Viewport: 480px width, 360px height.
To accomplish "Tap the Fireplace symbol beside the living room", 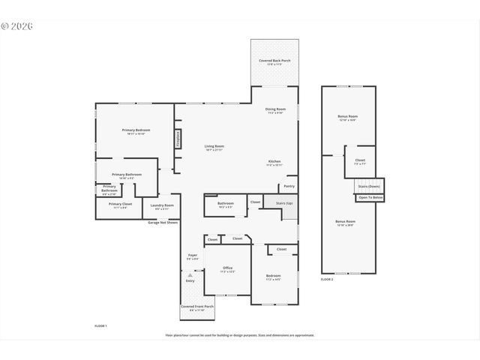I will pyautogui.click(x=178, y=139).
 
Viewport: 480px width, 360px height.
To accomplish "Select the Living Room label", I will pyautogui.click(x=214, y=146).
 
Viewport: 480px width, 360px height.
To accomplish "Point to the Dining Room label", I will pyautogui.click(x=275, y=109).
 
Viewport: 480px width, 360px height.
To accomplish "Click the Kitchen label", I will pyautogui.click(x=274, y=162).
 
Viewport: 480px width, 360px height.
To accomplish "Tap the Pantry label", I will pyautogui.click(x=289, y=186).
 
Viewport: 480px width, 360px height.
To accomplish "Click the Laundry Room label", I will pyautogui.click(x=162, y=205).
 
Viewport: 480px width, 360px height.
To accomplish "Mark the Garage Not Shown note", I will pyautogui.click(x=163, y=223).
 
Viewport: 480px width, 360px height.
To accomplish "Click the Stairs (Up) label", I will pyautogui.click(x=284, y=203).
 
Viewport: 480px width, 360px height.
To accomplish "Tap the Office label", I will pyautogui.click(x=227, y=268).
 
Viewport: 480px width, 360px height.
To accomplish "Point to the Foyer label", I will pyautogui.click(x=192, y=256).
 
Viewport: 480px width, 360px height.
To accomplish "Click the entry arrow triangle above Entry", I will pyautogui.click(x=190, y=275).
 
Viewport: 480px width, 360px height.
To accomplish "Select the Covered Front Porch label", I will pyautogui.click(x=197, y=307).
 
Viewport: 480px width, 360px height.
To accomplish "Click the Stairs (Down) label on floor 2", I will pyautogui.click(x=369, y=186).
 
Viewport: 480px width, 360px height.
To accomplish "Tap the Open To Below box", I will pyautogui.click(x=370, y=197).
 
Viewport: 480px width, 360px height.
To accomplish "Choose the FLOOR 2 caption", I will pyautogui.click(x=326, y=279).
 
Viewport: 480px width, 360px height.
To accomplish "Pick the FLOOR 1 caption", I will pyautogui.click(x=100, y=326).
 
